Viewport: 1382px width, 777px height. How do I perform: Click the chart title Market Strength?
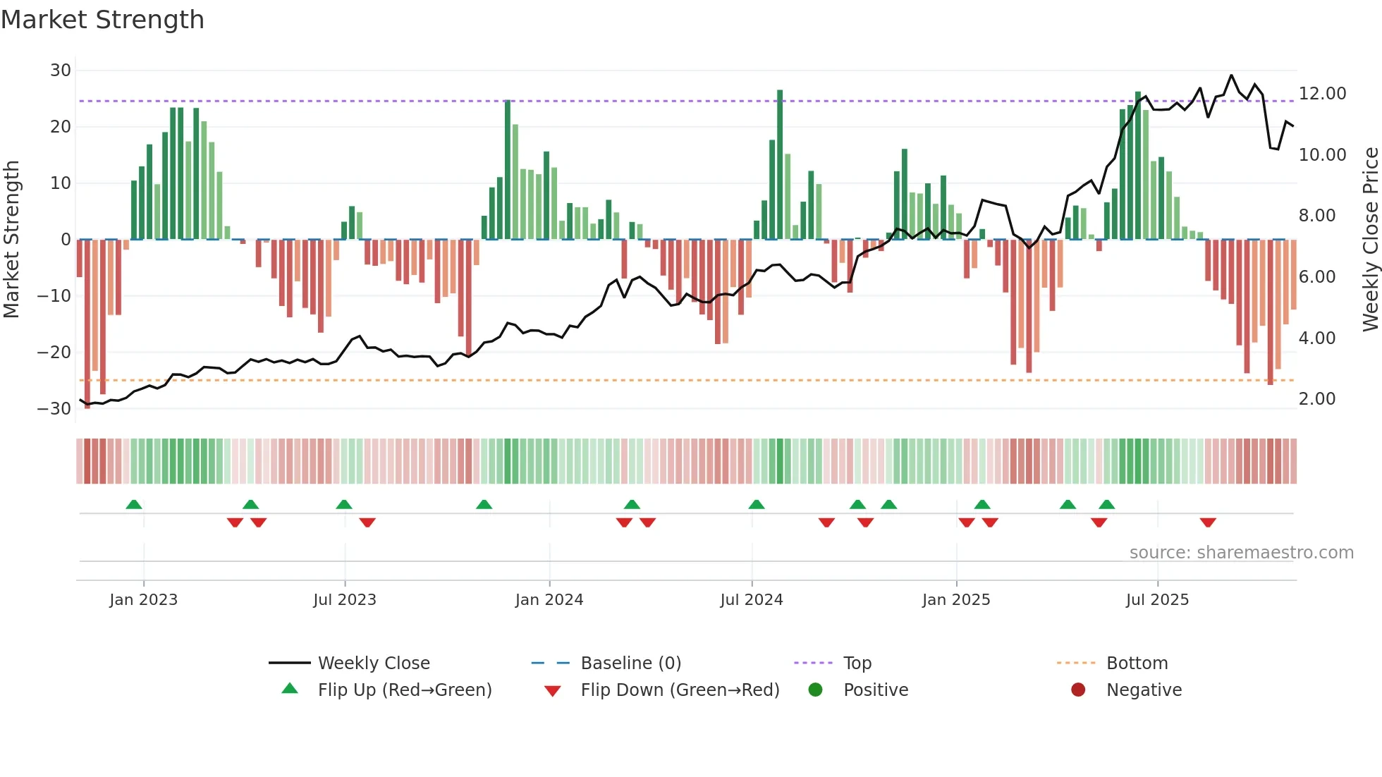pyautogui.click(x=102, y=20)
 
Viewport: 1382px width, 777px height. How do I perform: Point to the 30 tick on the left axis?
pyautogui.click(x=61, y=71)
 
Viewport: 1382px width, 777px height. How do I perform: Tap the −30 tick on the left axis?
pyautogui.click(x=55, y=409)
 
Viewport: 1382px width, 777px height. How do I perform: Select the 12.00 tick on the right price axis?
pyautogui.click(x=1322, y=94)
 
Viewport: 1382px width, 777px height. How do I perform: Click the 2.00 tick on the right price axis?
pyautogui.click(x=1317, y=399)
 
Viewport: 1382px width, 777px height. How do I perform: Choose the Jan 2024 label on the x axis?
pyautogui.click(x=549, y=600)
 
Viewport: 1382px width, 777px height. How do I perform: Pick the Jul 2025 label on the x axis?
pyautogui.click(x=1157, y=600)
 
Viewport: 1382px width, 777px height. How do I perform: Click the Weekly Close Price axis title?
pyautogui.click(x=1370, y=240)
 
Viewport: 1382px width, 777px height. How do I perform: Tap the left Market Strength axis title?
pyautogui.click(x=12, y=240)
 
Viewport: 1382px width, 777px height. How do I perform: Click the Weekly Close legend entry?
pyautogui.click(x=373, y=663)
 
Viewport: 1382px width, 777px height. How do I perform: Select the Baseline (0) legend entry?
pyautogui.click(x=630, y=663)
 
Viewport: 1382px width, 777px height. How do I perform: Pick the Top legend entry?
pyautogui.click(x=857, y=663)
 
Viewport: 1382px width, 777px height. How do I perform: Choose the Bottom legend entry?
pyautogui.click(x=1137, y=663)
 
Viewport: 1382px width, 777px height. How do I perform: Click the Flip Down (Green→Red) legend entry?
pyautogui.click(x=679, y=690)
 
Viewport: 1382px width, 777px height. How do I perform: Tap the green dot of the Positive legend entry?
pyautogui.click(x=815, y=690)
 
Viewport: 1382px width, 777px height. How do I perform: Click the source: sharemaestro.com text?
pyautogui.click(x=1241, y=553)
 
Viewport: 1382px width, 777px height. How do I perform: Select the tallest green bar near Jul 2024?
pyautogui.click(x=780, y=162)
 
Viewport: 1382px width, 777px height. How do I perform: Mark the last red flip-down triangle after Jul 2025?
pyautogui.click(x=1208, y=522)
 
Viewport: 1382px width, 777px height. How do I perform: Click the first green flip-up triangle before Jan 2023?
pyautogui.click(x=134, y=504)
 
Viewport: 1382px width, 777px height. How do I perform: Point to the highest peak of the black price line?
pyautogui.click(x=1231, y=75)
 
